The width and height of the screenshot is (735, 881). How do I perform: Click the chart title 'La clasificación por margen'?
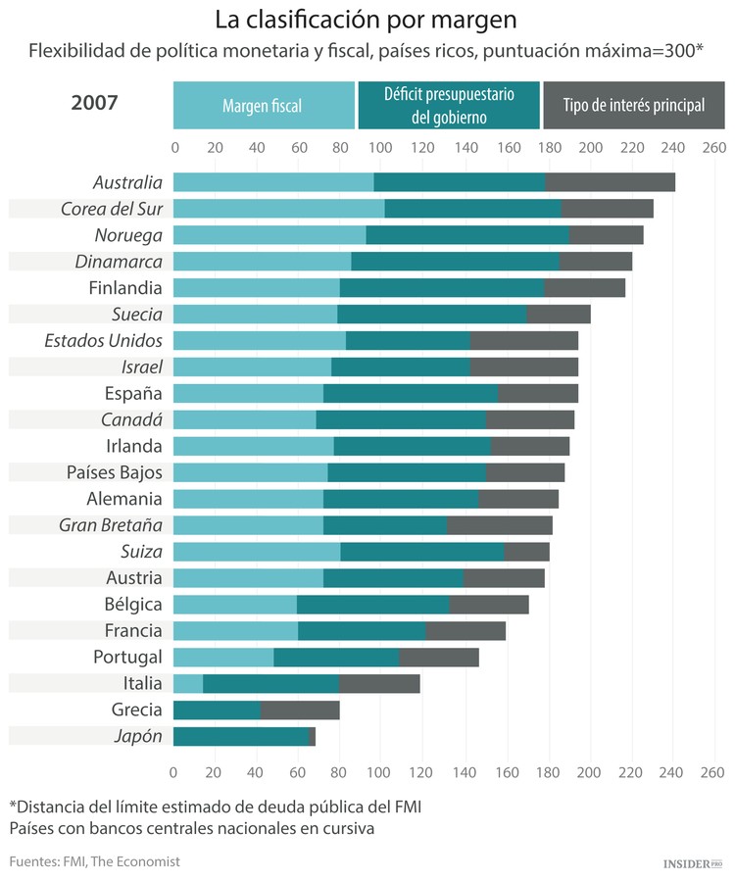click(367, 20)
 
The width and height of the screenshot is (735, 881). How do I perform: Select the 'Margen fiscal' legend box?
click(263, 106)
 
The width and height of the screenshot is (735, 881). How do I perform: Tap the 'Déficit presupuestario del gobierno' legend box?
click(449, 106)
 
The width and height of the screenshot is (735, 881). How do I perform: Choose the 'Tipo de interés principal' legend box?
click(633, 106)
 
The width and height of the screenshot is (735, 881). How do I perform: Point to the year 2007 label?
click(95, 102)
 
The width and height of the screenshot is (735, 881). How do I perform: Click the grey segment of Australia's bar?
click(610, 182)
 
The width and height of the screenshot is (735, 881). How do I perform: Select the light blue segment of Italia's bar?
click(188, 684)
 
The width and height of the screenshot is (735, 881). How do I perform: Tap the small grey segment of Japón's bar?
click(313, 737)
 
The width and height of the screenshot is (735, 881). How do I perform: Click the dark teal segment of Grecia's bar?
click(217, 710)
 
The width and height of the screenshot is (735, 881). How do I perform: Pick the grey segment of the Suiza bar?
click(526, 552)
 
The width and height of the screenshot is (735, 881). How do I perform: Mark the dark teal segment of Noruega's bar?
click(467, 235)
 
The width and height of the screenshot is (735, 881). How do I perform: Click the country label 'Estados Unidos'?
click(104, 341)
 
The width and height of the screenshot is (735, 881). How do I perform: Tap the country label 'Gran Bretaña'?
click(111, 525)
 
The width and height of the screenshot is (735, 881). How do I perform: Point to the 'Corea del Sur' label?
click(112, 209)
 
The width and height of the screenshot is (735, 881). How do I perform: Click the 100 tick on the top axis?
click(381, 148)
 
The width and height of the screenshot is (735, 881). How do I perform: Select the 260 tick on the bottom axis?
click(713, 772)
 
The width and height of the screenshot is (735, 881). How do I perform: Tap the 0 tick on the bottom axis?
click(173, 772)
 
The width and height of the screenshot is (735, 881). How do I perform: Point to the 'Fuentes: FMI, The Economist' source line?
click(95, 861)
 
